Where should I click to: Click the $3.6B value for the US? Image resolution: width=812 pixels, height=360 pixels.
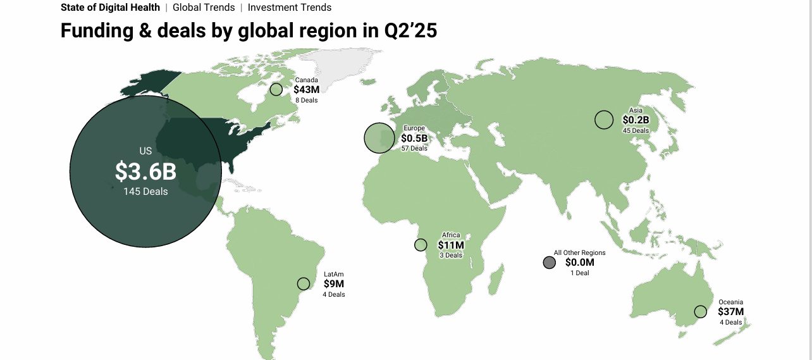click(x=145, y=171)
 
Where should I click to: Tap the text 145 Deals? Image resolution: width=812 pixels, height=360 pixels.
click(x=145, y=191)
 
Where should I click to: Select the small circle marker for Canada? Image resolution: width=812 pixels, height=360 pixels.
click(x=276, y=89)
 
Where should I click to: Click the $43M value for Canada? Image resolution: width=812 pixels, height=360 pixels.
click(x=307, y=90)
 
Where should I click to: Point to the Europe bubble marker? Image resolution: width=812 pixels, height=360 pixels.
click(x=379, y=138)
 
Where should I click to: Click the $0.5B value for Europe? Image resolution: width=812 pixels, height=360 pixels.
click(x=414, y=139)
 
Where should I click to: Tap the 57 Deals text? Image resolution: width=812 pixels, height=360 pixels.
click(x=414, y=149)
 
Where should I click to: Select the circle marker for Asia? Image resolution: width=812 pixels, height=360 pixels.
click(x=604, y=120)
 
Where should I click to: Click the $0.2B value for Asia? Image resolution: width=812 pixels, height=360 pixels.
click(x=636, y=120)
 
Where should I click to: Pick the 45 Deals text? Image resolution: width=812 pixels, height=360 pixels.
click(x=636, y=131)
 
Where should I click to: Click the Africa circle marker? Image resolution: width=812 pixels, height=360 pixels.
click(x=421, y=245)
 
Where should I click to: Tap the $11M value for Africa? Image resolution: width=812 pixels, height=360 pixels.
click(x=451, y=245)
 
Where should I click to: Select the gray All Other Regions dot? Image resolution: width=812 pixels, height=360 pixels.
click(x=549, y=263)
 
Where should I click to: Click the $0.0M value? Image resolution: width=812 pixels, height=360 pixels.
click(x=579, y=263)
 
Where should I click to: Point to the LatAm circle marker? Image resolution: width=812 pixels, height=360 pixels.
click(x=304, y=284)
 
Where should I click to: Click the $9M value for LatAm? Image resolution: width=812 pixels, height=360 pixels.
click(x=333, y=284)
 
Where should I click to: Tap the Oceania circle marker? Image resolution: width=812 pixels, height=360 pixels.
click(x=700, y=311)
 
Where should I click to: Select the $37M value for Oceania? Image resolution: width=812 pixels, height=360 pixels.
click(x=730, y=312)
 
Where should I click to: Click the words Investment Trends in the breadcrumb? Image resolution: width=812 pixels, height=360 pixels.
click(x=290, y=8)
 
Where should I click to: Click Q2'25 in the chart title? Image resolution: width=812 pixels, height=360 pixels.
click(x=410, y=30)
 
